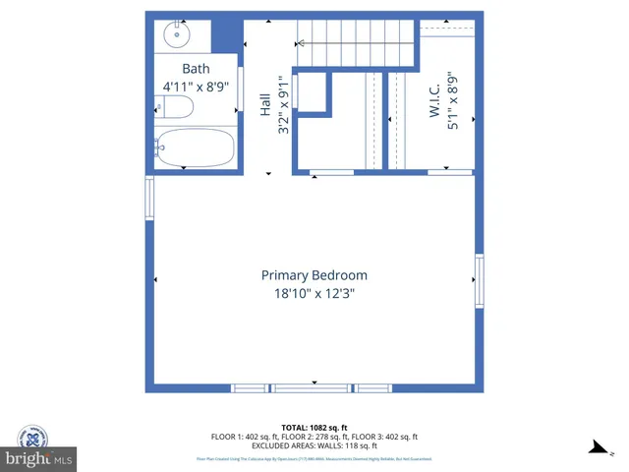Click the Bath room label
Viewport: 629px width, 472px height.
point(197,69)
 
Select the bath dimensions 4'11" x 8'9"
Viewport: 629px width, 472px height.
point(197,87)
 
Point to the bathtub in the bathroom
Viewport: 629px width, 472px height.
point(196,148)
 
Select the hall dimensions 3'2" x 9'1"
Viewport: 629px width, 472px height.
point(284,106)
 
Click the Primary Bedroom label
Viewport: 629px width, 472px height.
point(314,275)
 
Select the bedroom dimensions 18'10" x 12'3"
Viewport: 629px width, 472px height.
point(314,293)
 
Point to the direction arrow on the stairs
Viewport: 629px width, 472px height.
point(300,43)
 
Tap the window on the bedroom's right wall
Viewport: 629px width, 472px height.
point(480,279)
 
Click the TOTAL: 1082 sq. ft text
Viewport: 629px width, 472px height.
point(314,428)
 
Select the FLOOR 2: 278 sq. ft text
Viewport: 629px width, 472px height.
point(314,436)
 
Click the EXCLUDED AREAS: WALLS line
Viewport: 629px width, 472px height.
point(314,444)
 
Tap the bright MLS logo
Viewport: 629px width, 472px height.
point(39,459)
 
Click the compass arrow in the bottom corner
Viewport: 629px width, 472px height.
point(597,447)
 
